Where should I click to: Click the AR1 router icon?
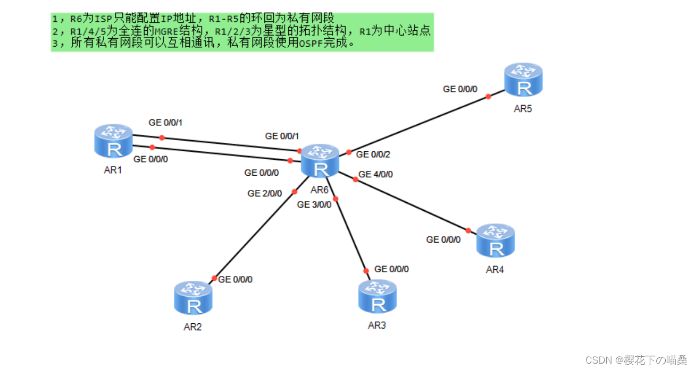click(113, 141)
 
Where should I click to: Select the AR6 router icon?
click(320, 160)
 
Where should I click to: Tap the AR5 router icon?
click(523, 80)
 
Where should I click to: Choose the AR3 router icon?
click(378, 296)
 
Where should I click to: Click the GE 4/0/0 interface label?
click(375, 174)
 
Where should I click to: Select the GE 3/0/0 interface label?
click(314, 205)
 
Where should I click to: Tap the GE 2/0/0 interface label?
click(264, 193)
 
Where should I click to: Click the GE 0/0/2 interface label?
click(373, 154)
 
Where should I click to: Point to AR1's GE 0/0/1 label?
click(166, 123)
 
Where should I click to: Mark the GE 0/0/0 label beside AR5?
click(460, 89)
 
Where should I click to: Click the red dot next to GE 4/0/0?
click(355, 179)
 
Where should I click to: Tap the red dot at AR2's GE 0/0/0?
click(214, 278)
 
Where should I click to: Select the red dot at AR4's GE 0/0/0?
click(468, 230)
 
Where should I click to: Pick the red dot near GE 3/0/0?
click(336, 199)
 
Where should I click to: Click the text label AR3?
click(376, 325)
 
